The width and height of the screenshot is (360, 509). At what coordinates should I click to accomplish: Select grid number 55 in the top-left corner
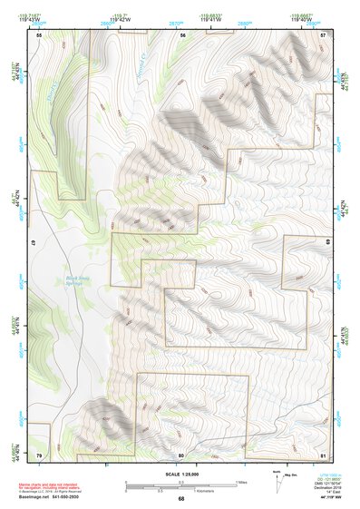coord(39,34)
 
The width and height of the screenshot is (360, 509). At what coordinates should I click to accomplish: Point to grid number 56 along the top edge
coord(182,34)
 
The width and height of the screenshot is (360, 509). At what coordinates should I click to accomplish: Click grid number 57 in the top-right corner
coord(325,34)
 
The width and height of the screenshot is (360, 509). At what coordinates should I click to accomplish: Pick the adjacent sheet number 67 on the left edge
coord(32,243)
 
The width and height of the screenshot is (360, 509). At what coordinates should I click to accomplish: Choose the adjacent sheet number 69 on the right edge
coord(327,243)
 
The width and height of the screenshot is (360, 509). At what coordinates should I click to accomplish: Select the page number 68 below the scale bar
coord(181,498)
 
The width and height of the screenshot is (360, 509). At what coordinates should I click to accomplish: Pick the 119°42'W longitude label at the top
coord(180,18)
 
